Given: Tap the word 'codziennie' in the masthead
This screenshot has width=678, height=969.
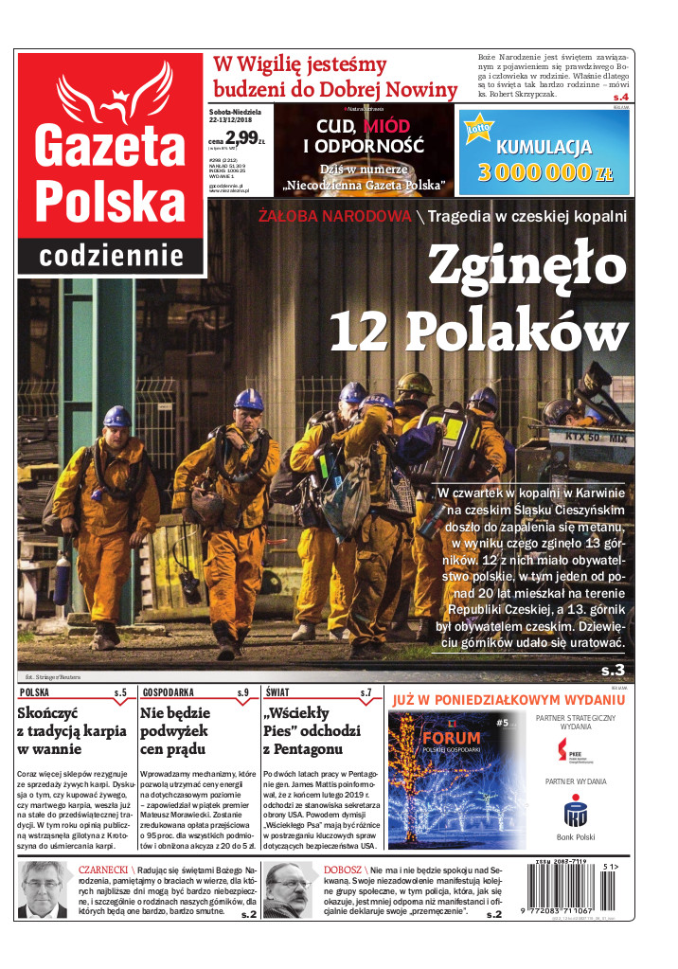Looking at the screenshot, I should [111, 256].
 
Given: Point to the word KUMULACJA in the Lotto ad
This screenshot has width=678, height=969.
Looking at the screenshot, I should [544, 148].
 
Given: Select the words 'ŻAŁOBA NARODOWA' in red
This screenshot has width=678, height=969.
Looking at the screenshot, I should [335, 216].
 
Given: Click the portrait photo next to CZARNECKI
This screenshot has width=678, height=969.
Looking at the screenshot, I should [45, 889].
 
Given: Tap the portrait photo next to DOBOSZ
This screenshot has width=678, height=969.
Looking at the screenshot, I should [288, 889].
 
